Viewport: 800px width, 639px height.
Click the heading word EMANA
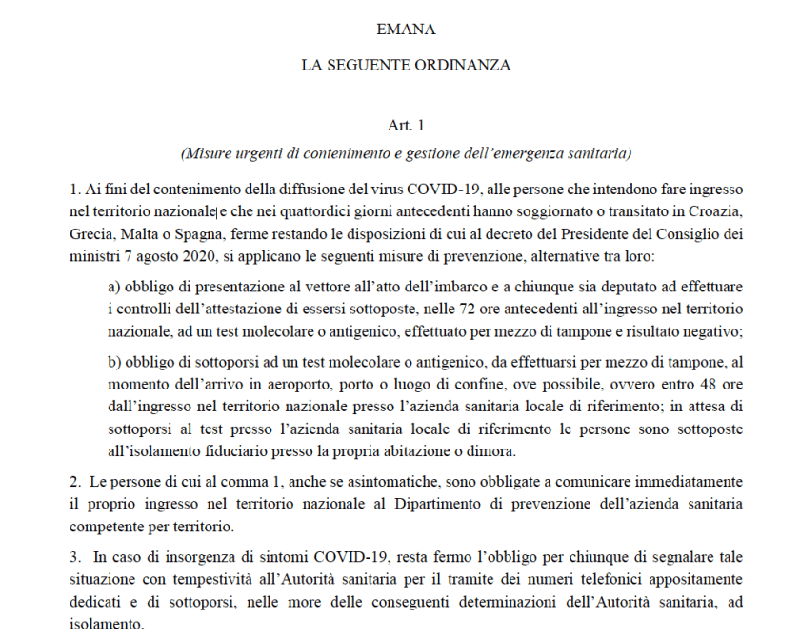pyautogui.click(x=406, y=30)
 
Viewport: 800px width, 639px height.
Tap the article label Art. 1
pyautogui.click(x=406, y=126)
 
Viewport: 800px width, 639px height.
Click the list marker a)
pyautogui.click(x=115, y=287)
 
